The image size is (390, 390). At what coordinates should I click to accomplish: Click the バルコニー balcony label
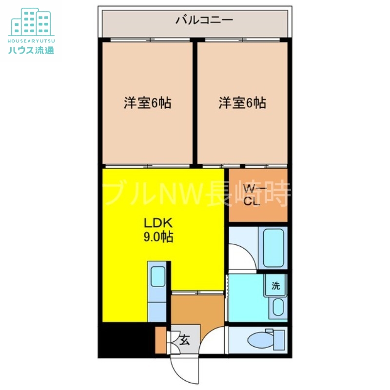tap(197, 20)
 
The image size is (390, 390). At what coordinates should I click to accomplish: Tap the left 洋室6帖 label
tap(147, 103)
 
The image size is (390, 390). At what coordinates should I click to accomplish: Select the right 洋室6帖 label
tap(242, 103)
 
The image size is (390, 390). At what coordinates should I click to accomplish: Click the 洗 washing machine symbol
tap(276, 286)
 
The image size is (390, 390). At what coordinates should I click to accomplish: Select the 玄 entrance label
tap(185, 340)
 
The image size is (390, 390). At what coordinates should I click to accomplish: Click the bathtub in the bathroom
tap(273, 247)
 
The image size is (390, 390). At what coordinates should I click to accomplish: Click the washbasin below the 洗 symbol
tap(278, 308)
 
